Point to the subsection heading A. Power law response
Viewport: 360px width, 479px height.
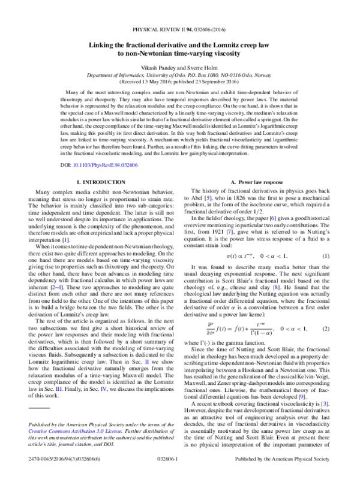(x=260, y=181)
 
